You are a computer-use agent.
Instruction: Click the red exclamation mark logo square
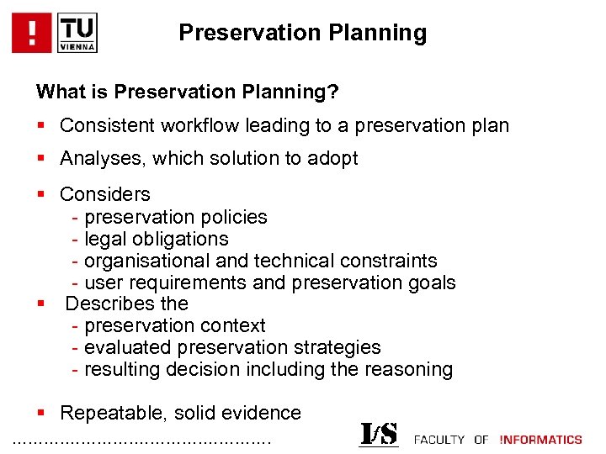coord(32,33)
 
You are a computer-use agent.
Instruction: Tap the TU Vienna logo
coord(78,33)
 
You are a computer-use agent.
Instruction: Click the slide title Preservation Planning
coord(302,33)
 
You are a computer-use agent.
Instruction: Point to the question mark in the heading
coord(333,90)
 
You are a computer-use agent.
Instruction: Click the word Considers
coord(105,194)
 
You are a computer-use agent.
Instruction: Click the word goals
coord(430,282)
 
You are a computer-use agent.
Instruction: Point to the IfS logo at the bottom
coord(379,435)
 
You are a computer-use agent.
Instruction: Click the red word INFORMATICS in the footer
coord(540,440)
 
